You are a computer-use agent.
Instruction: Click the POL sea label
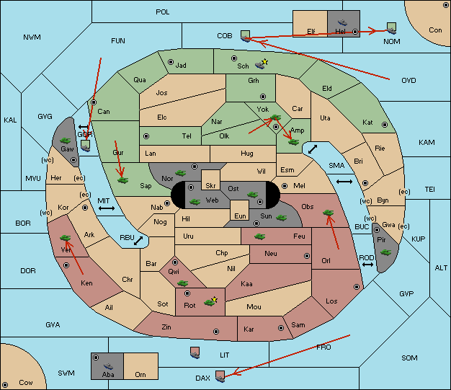pos(163,12)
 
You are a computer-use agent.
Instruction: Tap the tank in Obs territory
pos(329,213)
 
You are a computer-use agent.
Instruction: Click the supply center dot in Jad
pos(171,62)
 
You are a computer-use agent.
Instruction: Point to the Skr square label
pos(210,186)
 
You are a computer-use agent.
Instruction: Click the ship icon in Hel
pos(342,22)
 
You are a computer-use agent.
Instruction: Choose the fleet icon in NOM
pos(391,28)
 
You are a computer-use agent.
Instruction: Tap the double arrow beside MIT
pos(107,208)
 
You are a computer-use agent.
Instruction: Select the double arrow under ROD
pos(367,265)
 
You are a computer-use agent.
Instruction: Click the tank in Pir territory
pos(385,252)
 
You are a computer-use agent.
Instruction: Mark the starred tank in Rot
pos(210,301)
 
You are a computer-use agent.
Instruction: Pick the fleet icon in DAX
pos(220,376)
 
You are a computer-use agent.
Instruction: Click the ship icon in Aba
pos(109,365)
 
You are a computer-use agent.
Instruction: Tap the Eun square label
pos(240,216)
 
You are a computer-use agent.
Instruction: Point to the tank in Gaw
pos(65,140)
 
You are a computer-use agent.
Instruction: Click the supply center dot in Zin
pos(216,332)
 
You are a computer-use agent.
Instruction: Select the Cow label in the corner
pos(26,383)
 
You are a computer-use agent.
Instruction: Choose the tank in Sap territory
pos(122,180)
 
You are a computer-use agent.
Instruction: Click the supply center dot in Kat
pos(385,125)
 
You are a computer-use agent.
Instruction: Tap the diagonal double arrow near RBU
pos(138,241)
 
